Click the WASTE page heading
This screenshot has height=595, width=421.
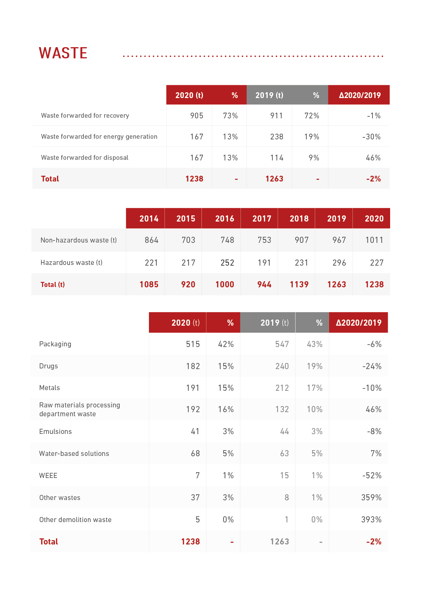click(63, 53)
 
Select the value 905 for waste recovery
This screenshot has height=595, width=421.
click(196, 116)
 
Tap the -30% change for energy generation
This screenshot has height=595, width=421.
click(371, 137)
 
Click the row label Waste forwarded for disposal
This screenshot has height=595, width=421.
click(84, 158)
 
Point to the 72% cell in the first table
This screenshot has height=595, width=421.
click(311, 116)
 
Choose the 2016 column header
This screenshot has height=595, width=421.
click(225, 219)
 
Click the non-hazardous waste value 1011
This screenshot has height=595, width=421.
click(374, 240)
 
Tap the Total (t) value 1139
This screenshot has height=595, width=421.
click(299, 285)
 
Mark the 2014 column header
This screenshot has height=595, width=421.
click(149, 219)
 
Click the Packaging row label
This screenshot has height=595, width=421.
click(55, 344)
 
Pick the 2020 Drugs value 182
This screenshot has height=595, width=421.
click(193, 366)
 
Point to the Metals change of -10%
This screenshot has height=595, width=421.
click(372, 388)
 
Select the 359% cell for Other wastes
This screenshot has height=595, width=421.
click(371, 498)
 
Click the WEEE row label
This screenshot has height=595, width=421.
click(48, 476)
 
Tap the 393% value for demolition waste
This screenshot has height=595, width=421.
click(371, 520)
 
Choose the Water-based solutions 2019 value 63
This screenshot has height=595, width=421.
click(284, 454)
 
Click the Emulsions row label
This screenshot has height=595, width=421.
click(55, 431)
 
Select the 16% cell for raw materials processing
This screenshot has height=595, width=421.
click(226, 409)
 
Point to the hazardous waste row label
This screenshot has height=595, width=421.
click(71, 263)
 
